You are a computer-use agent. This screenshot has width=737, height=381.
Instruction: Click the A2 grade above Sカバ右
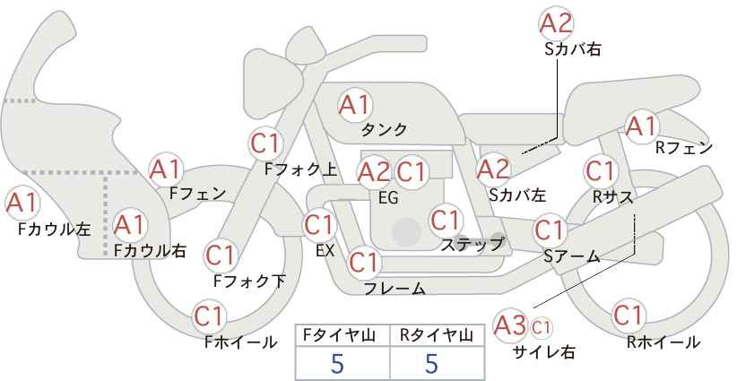coord(557,23)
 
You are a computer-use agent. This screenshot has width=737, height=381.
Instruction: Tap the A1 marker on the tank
coord(355,105)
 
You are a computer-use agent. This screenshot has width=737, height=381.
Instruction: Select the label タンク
coord(384,129)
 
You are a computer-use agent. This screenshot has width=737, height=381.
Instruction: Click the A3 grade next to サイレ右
coord(510,325)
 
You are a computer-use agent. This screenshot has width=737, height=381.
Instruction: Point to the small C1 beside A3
coord(541,327)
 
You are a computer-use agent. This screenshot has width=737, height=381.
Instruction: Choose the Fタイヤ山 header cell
coord(339,335)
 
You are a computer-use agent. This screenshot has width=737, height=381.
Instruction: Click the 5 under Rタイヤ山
coord(431,363)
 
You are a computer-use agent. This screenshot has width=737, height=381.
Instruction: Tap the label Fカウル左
coord(54,229)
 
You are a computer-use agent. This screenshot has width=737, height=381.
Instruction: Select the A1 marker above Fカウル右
coord(130,226)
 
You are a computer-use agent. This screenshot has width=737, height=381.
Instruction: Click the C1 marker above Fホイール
coord(209,316)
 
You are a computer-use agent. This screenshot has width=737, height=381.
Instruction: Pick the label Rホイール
coord(663,342)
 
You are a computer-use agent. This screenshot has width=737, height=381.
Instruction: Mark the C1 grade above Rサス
coord(600,171)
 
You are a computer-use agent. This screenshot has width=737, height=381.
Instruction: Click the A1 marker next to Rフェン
coord(641,126)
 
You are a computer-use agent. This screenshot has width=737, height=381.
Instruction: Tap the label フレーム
coord(395,288)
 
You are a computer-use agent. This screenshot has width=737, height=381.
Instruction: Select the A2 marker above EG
coord(374,172)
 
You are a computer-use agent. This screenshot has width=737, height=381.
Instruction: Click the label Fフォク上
coord(301,169)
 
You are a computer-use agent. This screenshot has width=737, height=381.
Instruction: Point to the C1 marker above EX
coord(319,226)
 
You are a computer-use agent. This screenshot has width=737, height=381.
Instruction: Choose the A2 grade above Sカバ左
coord(493,169)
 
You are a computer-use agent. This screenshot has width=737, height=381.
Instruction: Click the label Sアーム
coord(572,255)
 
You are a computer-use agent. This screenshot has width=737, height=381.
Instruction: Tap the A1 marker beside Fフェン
coord(165,170)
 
